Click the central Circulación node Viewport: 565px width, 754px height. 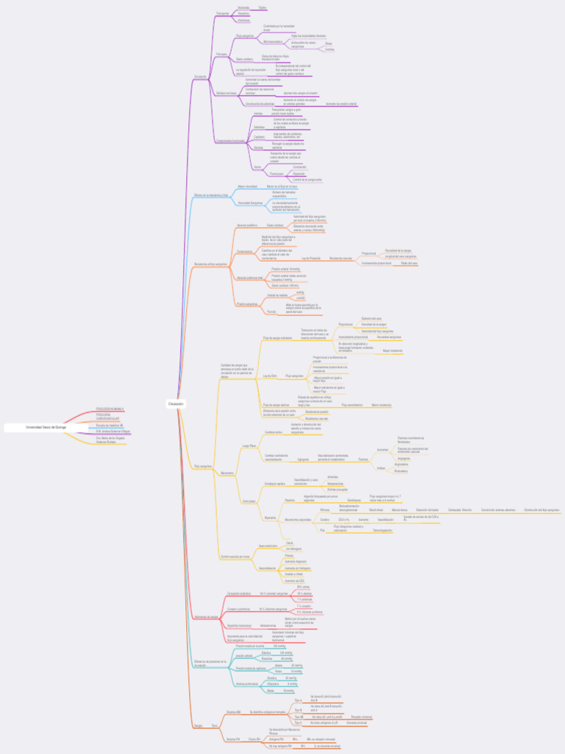tap(175, 404)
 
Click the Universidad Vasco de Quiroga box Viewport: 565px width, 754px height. tap(46, 427)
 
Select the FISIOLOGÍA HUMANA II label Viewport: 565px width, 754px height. tap(110, 408)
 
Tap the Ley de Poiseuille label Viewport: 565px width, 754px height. tap(310, 258)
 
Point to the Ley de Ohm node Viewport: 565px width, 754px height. tap(270, 376)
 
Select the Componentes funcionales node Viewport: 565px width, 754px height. tap(230, 141)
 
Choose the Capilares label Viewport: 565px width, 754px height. tap(259, 137)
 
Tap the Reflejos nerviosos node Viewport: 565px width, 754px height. tap(226, 93)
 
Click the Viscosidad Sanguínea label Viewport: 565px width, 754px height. tap(251, 202)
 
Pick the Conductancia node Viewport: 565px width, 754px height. tap(244, 251)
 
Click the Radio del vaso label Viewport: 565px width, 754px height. tap(409, 263)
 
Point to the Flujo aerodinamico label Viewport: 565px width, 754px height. tap(351, 405)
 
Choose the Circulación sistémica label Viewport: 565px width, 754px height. tap(239, 593)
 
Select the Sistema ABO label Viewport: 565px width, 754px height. tap(233, 712)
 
